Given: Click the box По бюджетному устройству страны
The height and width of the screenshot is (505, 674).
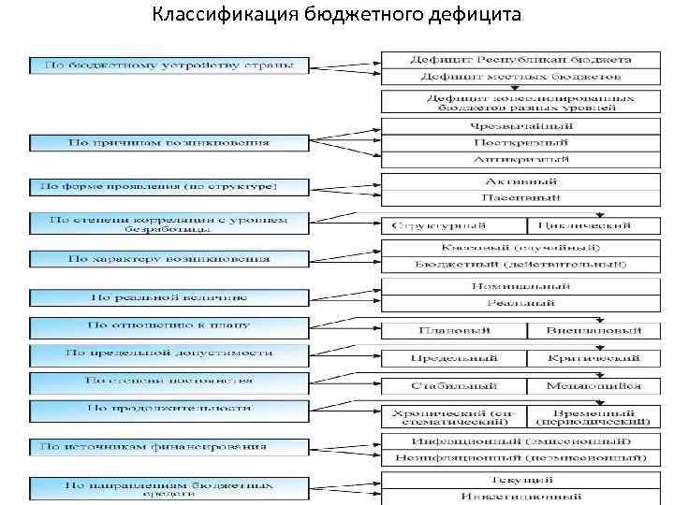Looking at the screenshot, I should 168,66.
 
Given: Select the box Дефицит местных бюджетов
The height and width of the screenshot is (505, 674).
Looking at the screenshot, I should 520,76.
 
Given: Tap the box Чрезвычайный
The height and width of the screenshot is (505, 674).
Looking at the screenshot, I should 520,126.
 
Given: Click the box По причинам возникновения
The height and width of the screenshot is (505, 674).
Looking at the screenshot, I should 168,143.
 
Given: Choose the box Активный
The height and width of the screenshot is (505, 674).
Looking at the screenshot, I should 520,180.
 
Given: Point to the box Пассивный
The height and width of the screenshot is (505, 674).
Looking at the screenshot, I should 520,197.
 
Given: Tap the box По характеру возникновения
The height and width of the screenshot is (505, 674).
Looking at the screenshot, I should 168,258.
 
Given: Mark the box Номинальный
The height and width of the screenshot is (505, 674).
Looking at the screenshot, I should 520,286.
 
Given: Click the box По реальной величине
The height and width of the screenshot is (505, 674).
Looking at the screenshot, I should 168,297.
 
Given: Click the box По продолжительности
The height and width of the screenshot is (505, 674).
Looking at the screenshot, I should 168,409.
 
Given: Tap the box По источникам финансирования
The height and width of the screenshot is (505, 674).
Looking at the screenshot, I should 168,447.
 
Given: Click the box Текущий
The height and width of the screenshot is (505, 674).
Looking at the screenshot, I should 520,479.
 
